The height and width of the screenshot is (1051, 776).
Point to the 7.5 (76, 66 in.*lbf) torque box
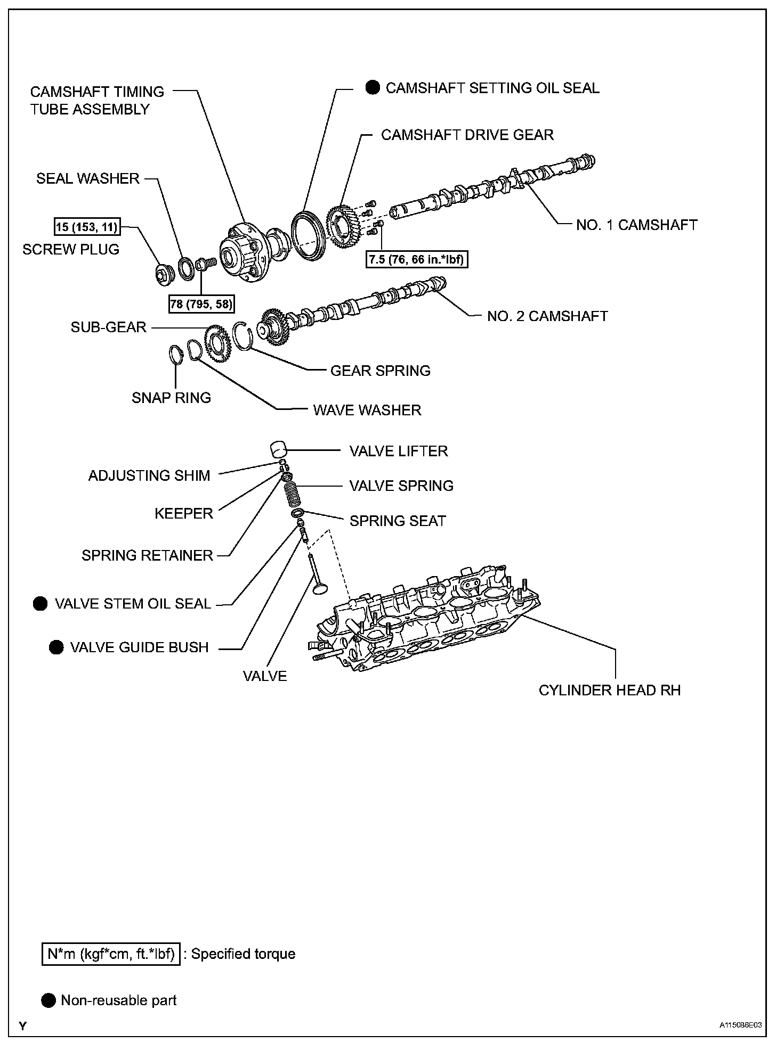[416, 260]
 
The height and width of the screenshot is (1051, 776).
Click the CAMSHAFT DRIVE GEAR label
[467, 135]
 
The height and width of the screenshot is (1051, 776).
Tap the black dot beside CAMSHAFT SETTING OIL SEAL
[373, 88]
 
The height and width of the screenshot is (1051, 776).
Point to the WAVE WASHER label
[367, 410]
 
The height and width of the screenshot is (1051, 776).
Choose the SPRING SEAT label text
[398, 521]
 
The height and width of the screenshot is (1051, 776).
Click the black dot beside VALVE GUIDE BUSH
[56, 647]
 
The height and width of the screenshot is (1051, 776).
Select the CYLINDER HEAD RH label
[610, 690]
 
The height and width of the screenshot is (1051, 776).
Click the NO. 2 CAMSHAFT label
[547, 316]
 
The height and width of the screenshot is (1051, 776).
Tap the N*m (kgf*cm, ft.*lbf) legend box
[111, 954]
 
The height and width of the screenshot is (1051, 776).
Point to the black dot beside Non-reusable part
[48, 1000]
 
